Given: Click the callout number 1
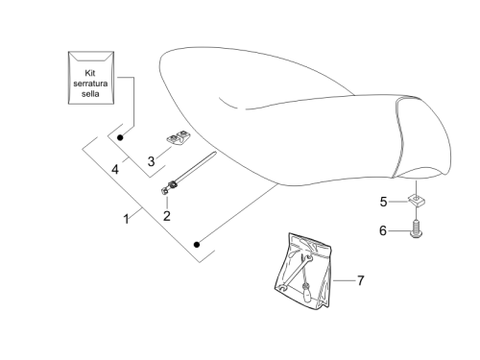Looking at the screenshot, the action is coord(127,219).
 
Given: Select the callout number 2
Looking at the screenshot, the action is coord(166,216).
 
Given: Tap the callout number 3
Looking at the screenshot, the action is coord(151,161).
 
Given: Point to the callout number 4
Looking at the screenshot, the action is coord(115,169).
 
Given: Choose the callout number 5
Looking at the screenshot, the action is coord(383,202).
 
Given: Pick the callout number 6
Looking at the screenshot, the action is coord(383,230).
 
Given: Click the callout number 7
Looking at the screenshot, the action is coord(361,280).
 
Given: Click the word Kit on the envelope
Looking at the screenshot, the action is coord(90,73).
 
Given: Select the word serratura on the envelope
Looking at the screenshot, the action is coord(90,84).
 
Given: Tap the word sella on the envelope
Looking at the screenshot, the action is coord(90,94).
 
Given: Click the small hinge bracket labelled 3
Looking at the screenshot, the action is coord(178,137).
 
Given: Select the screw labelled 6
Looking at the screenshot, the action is coord(416,229).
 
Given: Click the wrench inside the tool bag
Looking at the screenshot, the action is coord(295,272).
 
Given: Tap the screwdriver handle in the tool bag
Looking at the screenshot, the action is coord(308,296).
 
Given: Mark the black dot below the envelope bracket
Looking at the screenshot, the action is coord(120,137).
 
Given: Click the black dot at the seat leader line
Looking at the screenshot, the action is coord(197,245).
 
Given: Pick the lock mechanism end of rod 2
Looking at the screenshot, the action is coord(168,187).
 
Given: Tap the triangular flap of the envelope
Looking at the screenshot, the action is coord(91,57).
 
